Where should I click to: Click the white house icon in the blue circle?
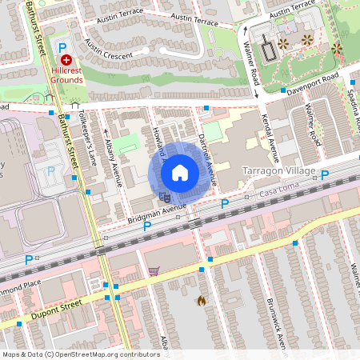(180, 172)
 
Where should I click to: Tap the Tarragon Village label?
(278, 171)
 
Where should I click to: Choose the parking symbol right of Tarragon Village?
(325, 175)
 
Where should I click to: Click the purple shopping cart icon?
(153, 270)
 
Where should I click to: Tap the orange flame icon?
(200, 301)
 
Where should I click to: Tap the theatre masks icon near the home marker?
(164, 195)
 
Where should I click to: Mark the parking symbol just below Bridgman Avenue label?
(146, 227)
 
